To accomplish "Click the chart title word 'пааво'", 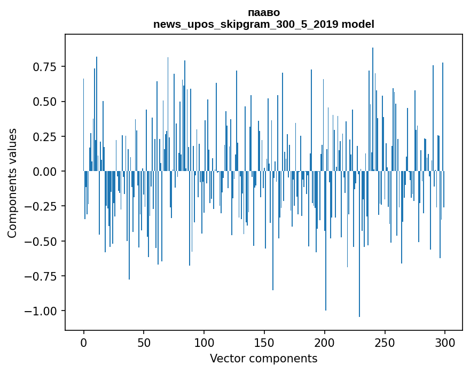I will pyautogui.click(x=264, y=12).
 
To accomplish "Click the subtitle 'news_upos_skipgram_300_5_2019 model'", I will pyautogui.click(x=264, y=24).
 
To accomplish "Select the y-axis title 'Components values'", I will pyautogui.click(x=12, y=183).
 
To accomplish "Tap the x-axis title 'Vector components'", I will pyautogui.click(x=264, y=359).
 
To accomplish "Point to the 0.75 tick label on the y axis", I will pyautogui.click(x=45, y=67).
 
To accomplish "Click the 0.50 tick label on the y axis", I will pyautogui.click(x=45, y=102).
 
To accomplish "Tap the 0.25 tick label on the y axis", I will pyautogui.click(x=45, y=136).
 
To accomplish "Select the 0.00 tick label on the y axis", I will pyautogui.click(x=45, y=172).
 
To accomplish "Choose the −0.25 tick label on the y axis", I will pyautogui.click(x=42, y=206).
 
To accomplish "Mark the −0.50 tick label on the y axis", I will pyautogui.click(x=42, y=241).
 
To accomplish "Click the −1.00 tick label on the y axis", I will pyautogui.click(x=42, y=311).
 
